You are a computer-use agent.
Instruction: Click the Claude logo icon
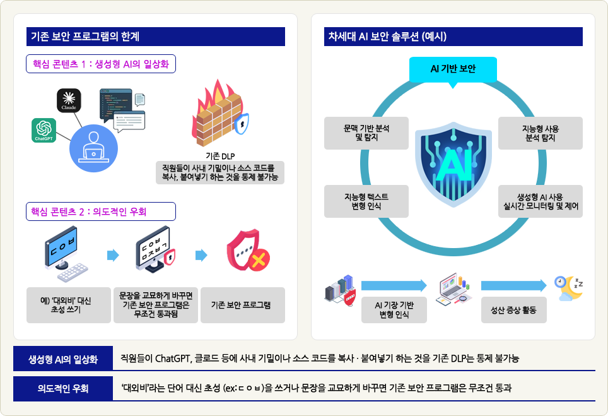pos(69,100)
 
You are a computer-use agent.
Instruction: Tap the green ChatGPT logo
pos(44,131)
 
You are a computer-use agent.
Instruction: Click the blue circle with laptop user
pos(93,148)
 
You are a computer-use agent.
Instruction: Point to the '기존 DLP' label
pos(220,156)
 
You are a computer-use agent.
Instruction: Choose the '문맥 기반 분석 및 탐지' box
pos(366,133)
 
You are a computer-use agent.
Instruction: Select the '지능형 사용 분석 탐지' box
pos(540,133)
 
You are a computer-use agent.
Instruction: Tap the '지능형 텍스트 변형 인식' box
pos(366,201)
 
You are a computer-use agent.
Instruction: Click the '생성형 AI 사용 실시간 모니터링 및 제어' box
pos(540,201)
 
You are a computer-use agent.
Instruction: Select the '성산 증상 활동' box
pos(514,310)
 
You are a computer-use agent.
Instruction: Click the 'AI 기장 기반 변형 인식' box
pos(394,310)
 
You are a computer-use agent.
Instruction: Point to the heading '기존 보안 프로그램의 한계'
pos(85,37)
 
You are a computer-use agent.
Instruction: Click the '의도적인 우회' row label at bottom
pos(63,388)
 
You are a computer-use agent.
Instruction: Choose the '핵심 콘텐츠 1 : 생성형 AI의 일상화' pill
pos(101,64)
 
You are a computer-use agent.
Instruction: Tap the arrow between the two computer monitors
pos(113,255)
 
